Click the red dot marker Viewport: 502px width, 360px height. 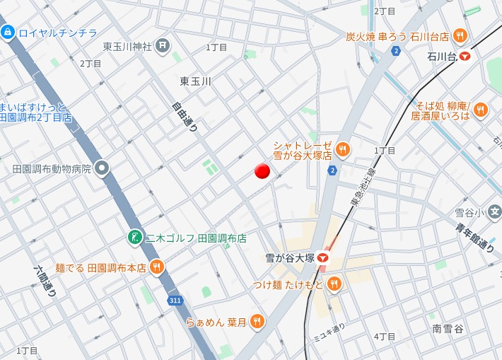262,170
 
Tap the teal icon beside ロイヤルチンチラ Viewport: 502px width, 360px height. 8,32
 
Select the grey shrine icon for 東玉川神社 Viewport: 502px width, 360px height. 163,47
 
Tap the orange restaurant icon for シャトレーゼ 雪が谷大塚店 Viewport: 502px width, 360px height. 342,149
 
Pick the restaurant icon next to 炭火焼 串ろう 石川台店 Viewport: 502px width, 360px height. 460,36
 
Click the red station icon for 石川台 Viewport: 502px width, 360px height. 465,56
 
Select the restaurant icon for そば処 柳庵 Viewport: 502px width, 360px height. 481,110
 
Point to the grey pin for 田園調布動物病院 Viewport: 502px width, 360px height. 103,169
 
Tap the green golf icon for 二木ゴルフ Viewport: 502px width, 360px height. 134,238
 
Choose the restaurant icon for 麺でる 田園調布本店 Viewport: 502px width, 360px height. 156,267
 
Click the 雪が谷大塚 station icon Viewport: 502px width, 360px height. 323,259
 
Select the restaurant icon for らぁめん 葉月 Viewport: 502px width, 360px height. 257,322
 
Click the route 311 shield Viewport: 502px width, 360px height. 174,301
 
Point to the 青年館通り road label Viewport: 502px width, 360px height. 484,238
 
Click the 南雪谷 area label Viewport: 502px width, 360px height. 448,328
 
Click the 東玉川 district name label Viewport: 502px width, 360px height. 196,82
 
